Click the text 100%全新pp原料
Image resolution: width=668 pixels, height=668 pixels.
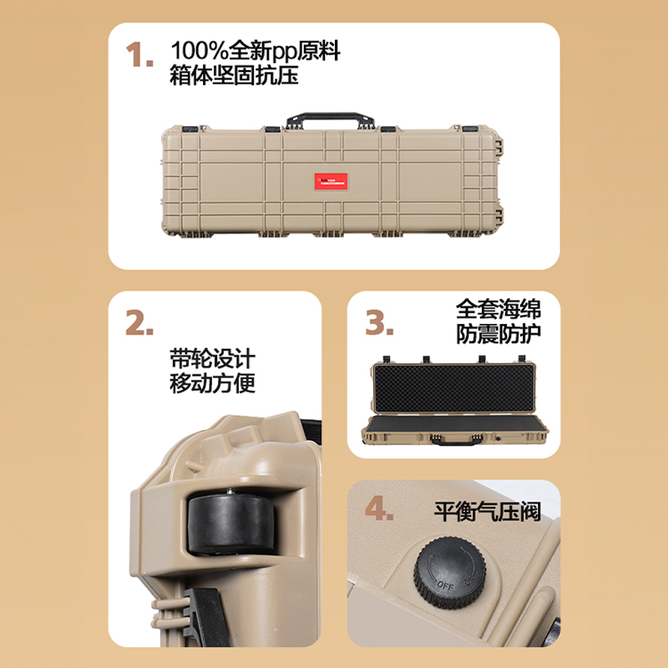click(x=255, y=50)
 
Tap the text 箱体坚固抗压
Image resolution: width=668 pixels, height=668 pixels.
click(x=234, y=76)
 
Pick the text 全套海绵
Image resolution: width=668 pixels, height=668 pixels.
click(x=498, y=309)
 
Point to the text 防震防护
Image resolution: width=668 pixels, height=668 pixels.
click(x=498, y=335)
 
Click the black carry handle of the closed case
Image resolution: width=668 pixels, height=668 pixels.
click(x=327, y=119)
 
